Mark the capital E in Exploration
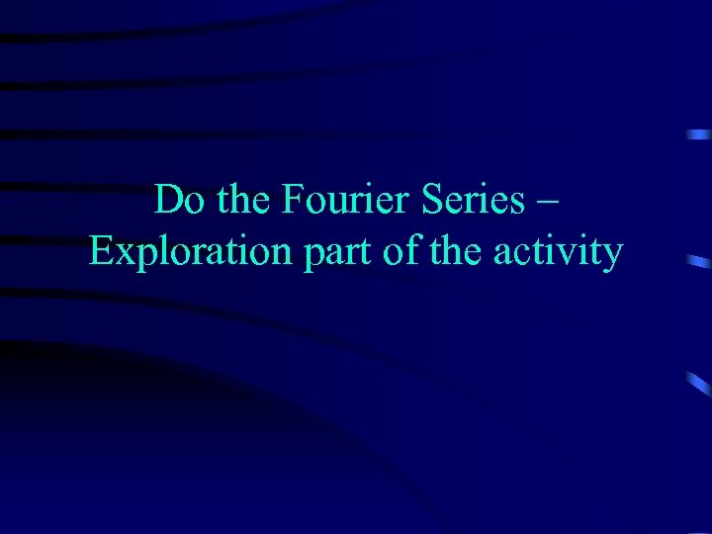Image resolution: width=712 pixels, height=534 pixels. [100, 253]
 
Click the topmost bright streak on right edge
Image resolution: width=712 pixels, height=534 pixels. [699, 133]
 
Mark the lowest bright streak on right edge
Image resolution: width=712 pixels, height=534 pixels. [699, 380]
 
